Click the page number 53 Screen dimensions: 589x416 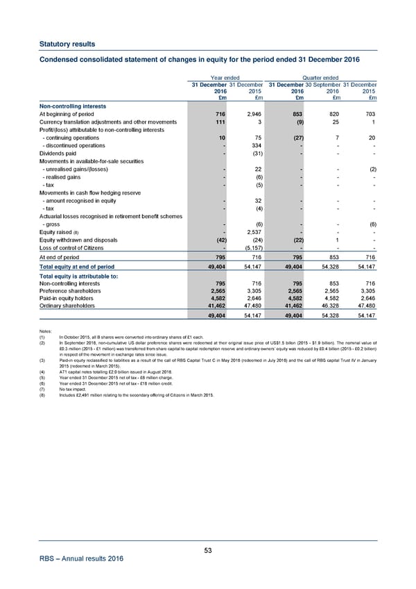(x=208, y=550)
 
